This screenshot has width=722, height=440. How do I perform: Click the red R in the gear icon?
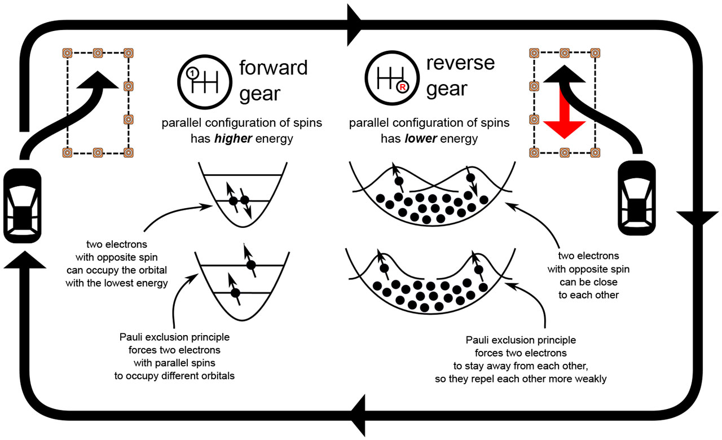[x=402, y=87]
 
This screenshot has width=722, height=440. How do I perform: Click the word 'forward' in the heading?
[x=274, y=68]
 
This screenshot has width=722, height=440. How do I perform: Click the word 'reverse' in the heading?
[x=460, y=64]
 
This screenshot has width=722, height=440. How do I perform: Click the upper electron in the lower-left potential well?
[x=252, y=265]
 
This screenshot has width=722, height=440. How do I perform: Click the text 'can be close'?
[x=588, y=281]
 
